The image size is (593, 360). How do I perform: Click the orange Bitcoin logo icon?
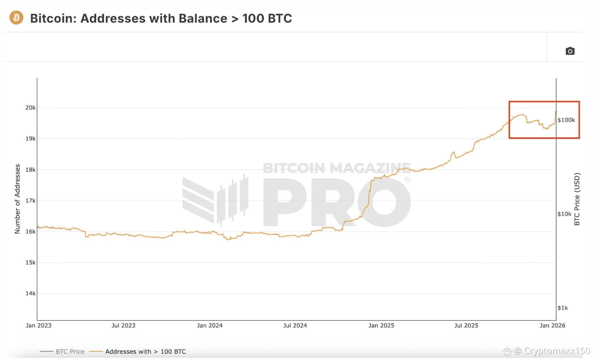(x=16, y=17)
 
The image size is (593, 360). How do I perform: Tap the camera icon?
(x=570, y=51)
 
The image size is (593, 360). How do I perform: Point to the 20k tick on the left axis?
(x=30, y=108)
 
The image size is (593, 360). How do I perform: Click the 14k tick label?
(x=30, y=293)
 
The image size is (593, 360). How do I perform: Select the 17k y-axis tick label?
(x=30, y=201)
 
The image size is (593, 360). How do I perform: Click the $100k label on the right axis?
(x=566, y=120)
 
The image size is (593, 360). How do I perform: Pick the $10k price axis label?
(x=564, y=214)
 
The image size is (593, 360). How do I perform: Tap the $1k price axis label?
(x=563, y=308)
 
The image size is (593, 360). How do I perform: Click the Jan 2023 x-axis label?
(x=39, y=326)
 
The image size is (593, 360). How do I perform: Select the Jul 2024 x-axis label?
(x=295, y=326)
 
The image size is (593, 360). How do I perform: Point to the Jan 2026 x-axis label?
(x=552, y=326)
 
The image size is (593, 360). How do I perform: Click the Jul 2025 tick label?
(x=466, y=326)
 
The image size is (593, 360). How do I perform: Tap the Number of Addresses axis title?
(x=17, y=199)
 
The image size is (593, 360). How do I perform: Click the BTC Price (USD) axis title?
(x=577, y=199)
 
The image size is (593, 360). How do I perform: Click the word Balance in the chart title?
(x=203, y=18)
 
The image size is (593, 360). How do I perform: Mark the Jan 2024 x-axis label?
(x=209, y=326)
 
